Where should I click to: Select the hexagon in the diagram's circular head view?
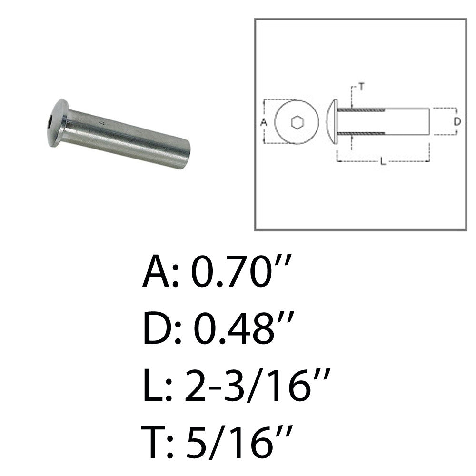point(296,122)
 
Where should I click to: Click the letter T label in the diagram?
point(361,87)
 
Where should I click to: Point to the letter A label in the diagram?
point(264,122)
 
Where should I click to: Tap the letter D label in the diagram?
point(457,122)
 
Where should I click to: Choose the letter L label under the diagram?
point(383,162)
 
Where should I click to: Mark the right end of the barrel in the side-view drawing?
point(429,122)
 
